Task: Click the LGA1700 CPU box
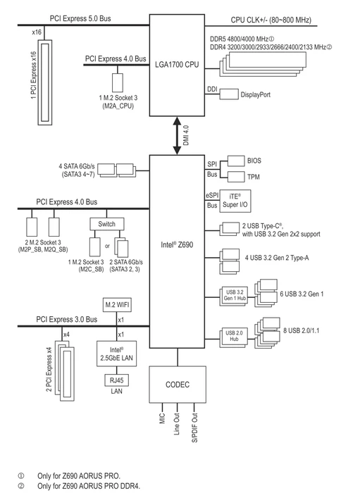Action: pos(177,65)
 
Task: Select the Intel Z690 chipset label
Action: pos(177,244)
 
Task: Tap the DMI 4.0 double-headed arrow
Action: pos(177,135)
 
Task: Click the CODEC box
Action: pos(178,385)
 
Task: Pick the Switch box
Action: pos(107,224)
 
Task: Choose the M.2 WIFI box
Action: pos(117,304)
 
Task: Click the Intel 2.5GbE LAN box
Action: pos(117,354)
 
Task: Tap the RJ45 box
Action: pos(117,380)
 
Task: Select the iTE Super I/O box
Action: pos(235,201)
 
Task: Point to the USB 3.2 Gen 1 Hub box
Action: pos(234,295)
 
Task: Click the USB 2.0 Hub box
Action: pos(234,336)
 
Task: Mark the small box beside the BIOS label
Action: pos(236,161)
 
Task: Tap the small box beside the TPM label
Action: pos(236,176)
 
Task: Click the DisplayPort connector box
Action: pos(229,94)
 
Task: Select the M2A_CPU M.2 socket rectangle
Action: pos(118,82)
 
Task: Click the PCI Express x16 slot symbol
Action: pos(45,82)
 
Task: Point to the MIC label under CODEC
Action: pos(162,418)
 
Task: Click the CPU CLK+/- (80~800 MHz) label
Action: pos(271,20)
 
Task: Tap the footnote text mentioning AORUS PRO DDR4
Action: pos(89,486)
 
